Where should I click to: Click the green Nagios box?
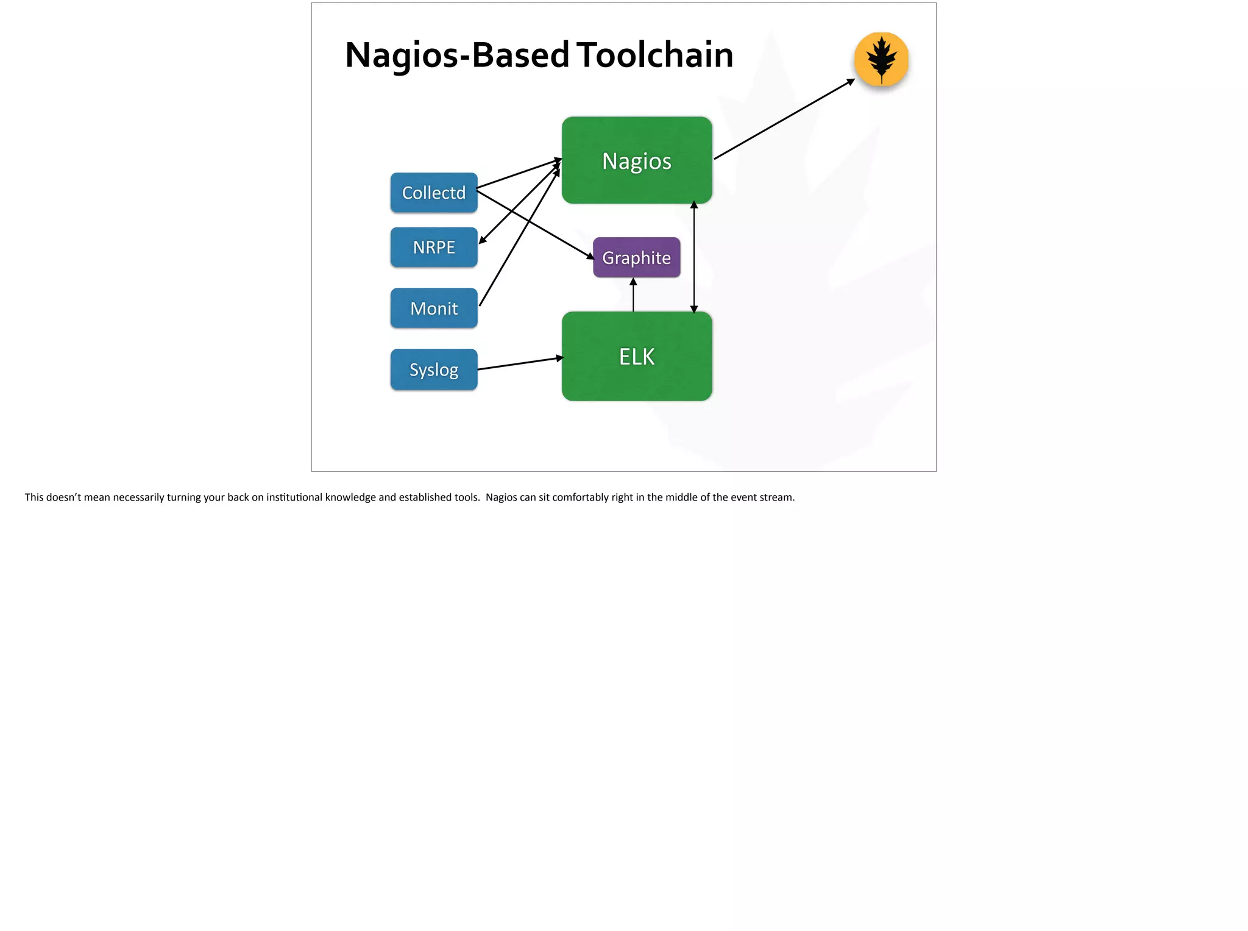click(636, 160)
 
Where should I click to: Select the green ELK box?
click(636, 356)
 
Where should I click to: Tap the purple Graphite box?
click(636, 257)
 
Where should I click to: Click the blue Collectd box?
click(433, 193)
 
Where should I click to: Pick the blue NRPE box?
click(433, 247)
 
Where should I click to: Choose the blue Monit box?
click(433, 308)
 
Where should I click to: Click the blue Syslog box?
click(433, 369)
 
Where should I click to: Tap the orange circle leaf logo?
click(881, 59)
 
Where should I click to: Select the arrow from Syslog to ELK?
click(520, 363)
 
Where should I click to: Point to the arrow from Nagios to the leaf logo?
click(784, 119)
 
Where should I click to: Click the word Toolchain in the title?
click(654, 55)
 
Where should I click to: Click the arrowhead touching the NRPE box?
click(482, 241)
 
